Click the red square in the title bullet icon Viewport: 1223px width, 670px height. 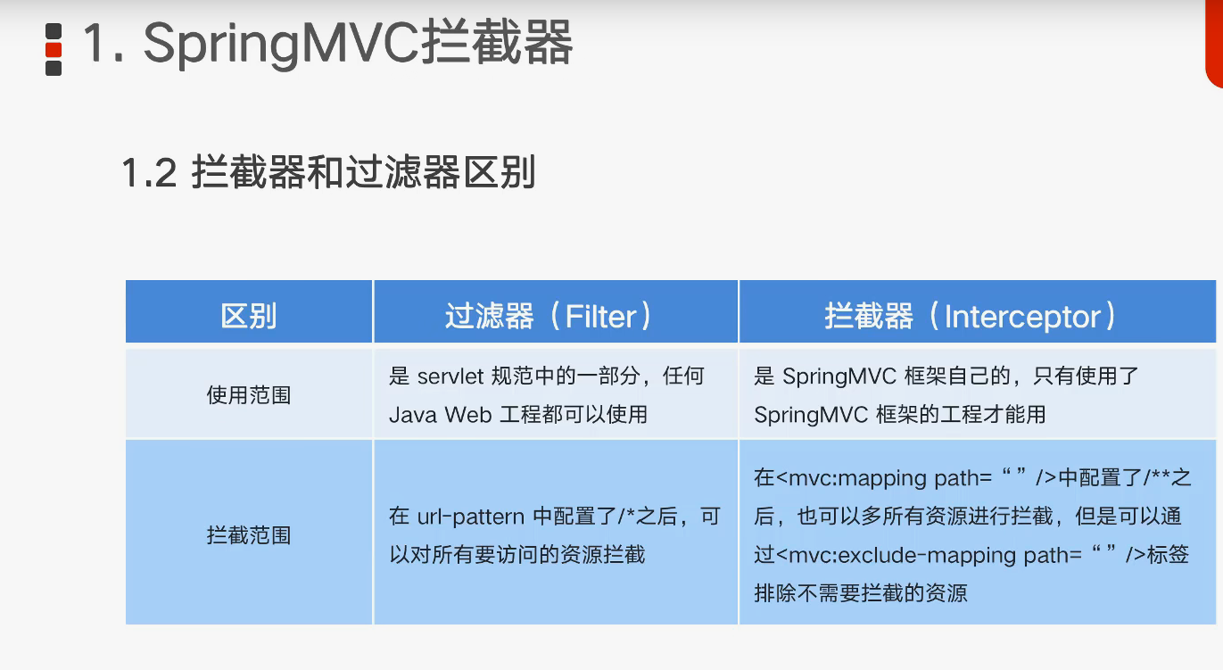[54, 50]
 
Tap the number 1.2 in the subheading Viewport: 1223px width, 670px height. [149, 172]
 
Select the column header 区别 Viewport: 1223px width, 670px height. [248, 316]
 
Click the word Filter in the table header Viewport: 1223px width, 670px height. [601, 316]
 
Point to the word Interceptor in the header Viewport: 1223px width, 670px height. [1022, 317]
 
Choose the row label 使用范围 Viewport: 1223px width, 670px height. [248, 395]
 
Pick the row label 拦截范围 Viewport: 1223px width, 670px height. [248, 535]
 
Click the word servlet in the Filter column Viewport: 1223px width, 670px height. [450, 376]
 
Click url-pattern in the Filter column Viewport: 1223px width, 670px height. [471, 517]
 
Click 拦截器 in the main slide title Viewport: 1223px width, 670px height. [498, 43]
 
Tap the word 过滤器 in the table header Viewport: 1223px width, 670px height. [489, 316]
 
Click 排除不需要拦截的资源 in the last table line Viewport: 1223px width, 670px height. [861, 593]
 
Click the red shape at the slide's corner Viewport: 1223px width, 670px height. [1214, 44]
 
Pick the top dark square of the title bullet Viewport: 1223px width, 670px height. [54, 31]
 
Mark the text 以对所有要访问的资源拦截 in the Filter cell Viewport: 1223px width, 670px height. [517, 555]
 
